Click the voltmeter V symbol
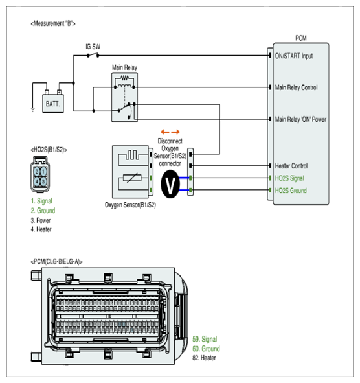pyautogui.click(x=170, y=184)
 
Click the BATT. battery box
pyautogui.click(x=53, y=104)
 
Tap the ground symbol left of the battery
pyautogui.click(x=33, y=110)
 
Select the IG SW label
pyautogui.click(x=93, y=47)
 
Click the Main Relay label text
pyautogui.click(x=124, y=67)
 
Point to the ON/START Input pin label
pyautogui.click(x=294, y=56)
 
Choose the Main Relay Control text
pyautogui.click(x=297, y=87)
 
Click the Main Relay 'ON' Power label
pyautogui.click(x=300, y=119)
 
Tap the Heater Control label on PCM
pyautogui.click(x=291, y=166)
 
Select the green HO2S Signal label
pyautogui.click(x=289, y=178)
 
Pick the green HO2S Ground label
pyautogui.click(x=291, y=191)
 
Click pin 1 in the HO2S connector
pyautogui.click(x=43, y=172)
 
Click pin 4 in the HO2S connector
pyautogui.click(x=37, y=181)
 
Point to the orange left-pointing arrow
pyautogui.click(x=165, y=132)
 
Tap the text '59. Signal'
pyautogui.click(x=205, y=339)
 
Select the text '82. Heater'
pyautogui.click(x=205, y=358)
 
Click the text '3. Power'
pyautogui.click(x=41, y=220)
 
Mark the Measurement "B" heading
pyautogui.click(x=53, y=23)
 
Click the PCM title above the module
pyautogui.click(x=301, y=38)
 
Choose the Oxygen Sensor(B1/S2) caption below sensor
pyautogui.click(x=130, y=205)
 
